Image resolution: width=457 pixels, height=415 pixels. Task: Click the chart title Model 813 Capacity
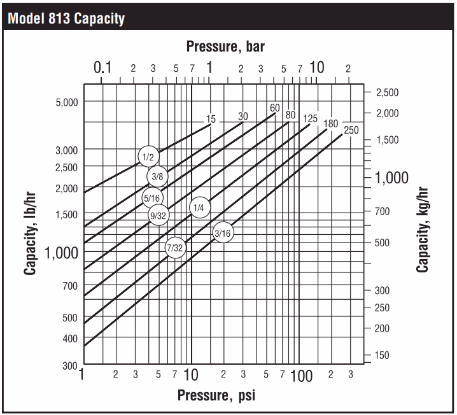66,18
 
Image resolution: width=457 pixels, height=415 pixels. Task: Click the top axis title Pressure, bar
225,46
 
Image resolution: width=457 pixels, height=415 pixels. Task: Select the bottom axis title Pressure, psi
216,395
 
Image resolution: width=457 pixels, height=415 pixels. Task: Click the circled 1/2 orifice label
148,157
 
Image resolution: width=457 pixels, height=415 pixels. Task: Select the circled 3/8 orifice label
157,176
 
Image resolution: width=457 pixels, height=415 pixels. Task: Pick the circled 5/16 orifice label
151,198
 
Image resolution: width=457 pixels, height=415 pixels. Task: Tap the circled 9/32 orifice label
158,216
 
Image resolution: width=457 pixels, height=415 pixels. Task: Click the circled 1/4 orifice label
199,207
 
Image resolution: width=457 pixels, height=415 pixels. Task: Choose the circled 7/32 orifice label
175,248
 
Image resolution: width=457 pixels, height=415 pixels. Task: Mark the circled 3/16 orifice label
222,233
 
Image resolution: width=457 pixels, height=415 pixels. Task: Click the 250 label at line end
351,130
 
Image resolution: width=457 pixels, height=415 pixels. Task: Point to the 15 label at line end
211,119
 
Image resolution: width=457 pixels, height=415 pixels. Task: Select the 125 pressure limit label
310,118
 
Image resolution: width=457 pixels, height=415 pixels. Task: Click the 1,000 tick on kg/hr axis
391,178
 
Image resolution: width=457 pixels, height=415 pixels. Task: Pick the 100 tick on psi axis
300,376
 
